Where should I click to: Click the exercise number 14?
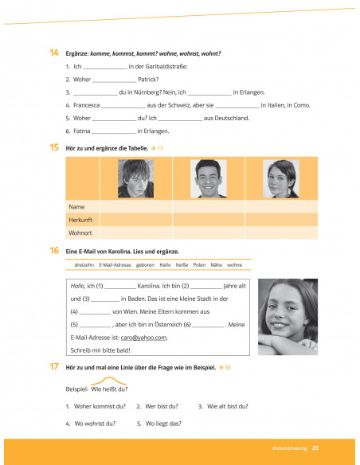pos(53,53)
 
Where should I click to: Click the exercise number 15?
pos(53,148)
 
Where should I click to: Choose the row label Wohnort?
pos(81,232)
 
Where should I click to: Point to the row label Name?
pos(76,205)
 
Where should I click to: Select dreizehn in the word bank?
pos(84,264)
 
